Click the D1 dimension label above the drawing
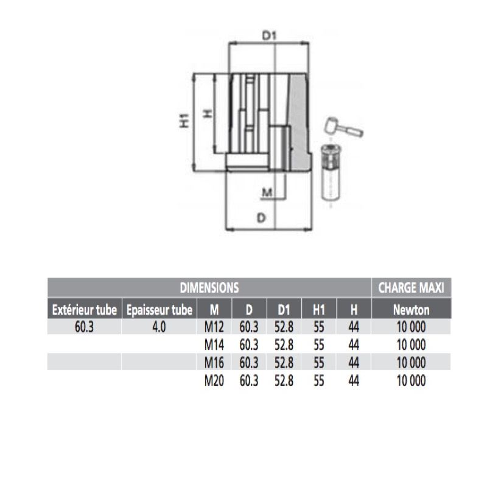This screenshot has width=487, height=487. coord(269,36)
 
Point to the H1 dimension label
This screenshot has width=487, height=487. coord(184,121)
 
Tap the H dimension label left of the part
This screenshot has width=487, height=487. coord(208,113)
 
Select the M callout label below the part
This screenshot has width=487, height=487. coord(267,192)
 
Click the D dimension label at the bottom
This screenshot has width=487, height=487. coord(261,218)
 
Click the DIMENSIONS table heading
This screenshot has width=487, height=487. coord(209,287)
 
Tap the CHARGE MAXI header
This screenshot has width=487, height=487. coord(411,287)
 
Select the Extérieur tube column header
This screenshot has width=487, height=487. coord(85,310)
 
